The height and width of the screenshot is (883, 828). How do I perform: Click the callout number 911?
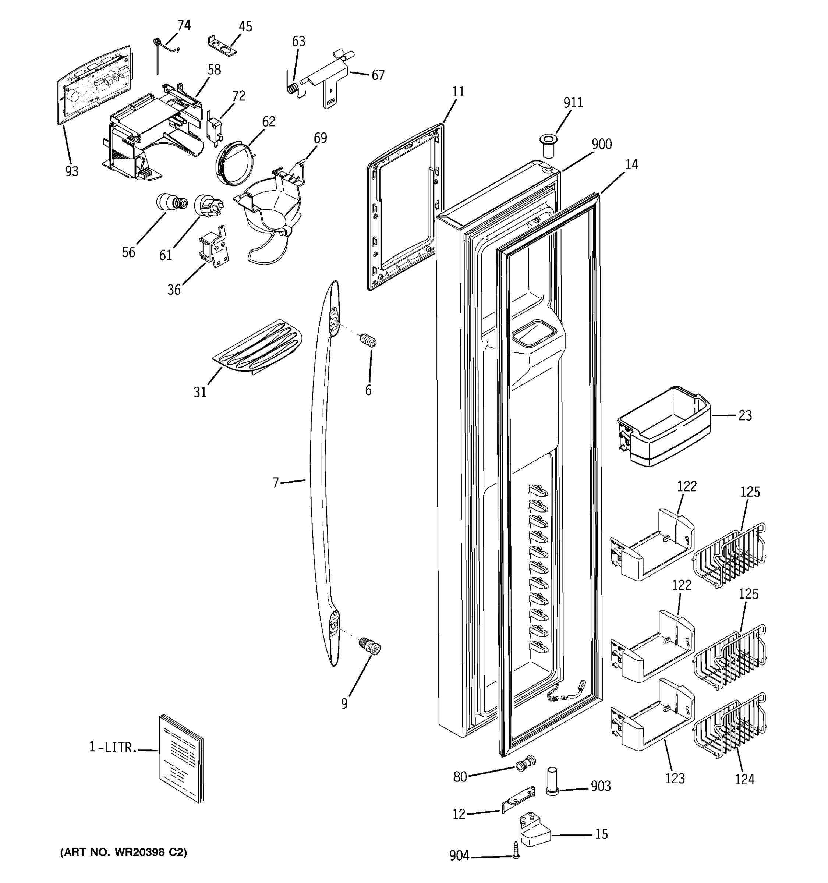coord(573,103)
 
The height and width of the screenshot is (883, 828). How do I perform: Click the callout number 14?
coord(631,165)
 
